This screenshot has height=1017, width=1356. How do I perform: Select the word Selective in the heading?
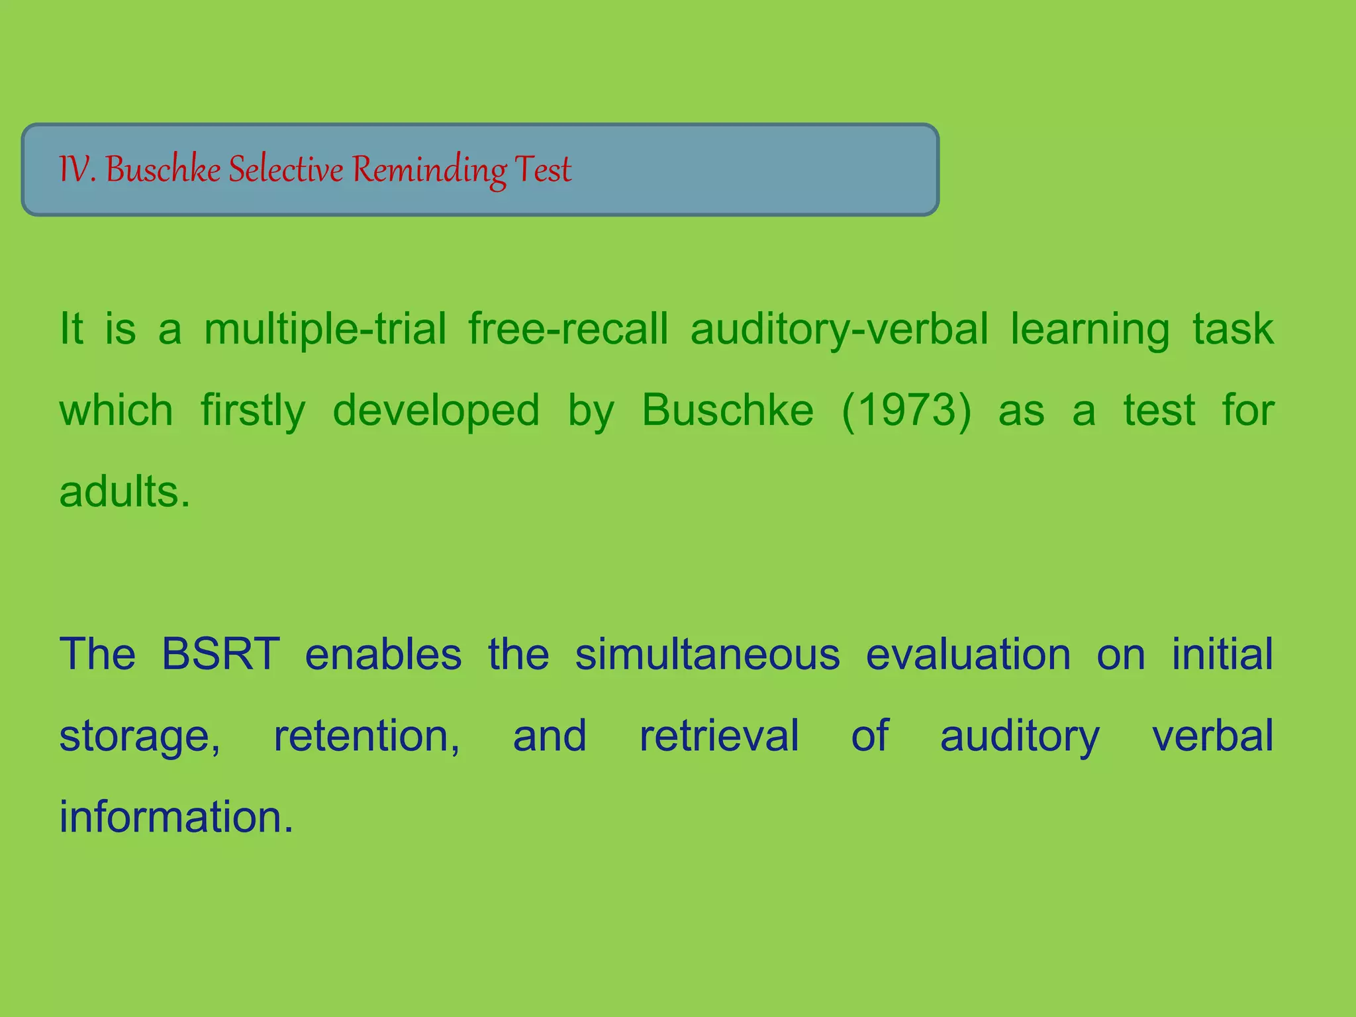(286, 169)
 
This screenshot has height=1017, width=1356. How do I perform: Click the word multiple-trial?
(325, 329)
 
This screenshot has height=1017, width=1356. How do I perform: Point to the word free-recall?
(568, 329)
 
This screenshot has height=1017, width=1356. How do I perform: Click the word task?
(1233, 329)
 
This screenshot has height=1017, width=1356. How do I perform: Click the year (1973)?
(906, 411)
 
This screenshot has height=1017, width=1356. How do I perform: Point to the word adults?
(124, 492)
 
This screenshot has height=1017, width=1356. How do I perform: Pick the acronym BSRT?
(220, 654)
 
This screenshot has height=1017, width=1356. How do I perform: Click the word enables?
(383, 654)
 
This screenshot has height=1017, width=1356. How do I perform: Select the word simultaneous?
(707, 654)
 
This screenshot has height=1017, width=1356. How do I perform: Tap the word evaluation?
(968, 654)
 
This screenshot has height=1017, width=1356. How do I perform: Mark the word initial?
(1222, 654)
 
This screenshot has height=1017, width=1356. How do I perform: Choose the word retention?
(367, 736)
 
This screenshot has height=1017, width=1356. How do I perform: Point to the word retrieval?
(719, 736)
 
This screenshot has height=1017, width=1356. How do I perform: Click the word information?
(176, 817)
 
